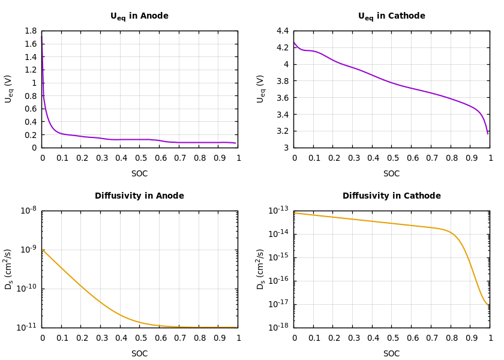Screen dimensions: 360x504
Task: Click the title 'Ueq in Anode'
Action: tap(139, 16)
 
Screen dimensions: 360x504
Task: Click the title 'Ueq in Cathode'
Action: tap(391, 16)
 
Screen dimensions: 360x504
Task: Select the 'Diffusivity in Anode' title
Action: tap(139, 196)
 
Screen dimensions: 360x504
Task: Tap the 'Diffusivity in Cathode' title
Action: tap(391, 196)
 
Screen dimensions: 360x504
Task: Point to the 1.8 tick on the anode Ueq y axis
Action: tap(30, 31)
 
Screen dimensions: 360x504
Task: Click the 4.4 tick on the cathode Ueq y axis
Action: tap(282, 31)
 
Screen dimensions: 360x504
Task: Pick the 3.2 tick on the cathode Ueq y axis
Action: tap(282, 131)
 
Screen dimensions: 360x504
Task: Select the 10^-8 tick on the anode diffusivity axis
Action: tap(28, 211)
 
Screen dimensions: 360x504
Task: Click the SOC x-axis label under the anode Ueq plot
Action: tap(139, 174)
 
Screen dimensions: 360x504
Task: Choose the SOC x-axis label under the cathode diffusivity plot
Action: tap(391, 354)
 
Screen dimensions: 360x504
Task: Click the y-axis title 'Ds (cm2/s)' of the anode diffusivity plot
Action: tap(8, 269)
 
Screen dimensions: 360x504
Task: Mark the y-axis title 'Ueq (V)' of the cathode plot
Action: tap(260, 89)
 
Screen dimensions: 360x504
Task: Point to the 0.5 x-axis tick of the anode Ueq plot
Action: tap(140, 158)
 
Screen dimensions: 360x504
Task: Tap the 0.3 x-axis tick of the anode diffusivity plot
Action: tap(101, 338)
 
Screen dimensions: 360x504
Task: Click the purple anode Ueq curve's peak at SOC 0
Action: tap(41, 35)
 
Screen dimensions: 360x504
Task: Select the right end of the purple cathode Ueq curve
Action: tap(488, 133)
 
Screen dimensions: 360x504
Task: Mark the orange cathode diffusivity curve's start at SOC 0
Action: tap(294, 213)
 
